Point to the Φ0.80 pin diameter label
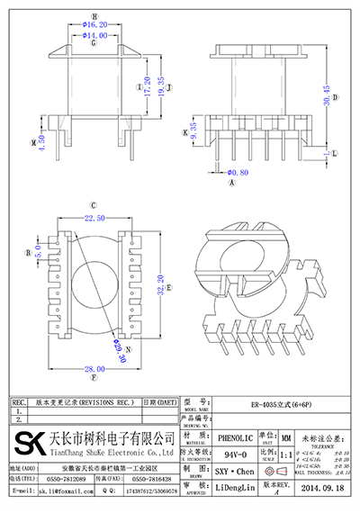click(x=237, y=171)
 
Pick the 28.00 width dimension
click(x=94, y=368)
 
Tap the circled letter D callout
click(x=334, y=97)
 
